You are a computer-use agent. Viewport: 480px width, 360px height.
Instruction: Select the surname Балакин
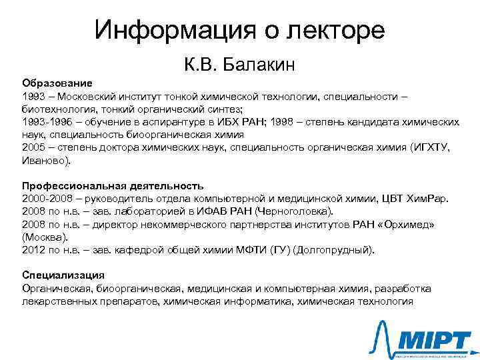pyautogui.click(x=259, y=65)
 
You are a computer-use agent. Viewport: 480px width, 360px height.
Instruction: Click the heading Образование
pyautogui.click(x=57, y=85)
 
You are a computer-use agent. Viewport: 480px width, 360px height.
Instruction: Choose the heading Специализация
pyautogui.click(x=63, y=275)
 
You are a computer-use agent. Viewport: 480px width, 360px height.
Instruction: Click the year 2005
pyautogui.click(x=33, y=148)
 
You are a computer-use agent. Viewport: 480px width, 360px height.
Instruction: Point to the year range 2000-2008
pyautogui.click(x=45, y=199)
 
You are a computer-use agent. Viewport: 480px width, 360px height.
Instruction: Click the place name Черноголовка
pyautogui.click(x=291, y=211)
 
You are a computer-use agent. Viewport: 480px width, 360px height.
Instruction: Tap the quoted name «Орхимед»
pyautogui.click(x=406, y=224)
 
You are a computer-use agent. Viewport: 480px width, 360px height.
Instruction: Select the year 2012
pyautogui.click(x=33, y=250)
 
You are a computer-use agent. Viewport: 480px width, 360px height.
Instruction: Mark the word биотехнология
pyautogui.click(x=57, y=110)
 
